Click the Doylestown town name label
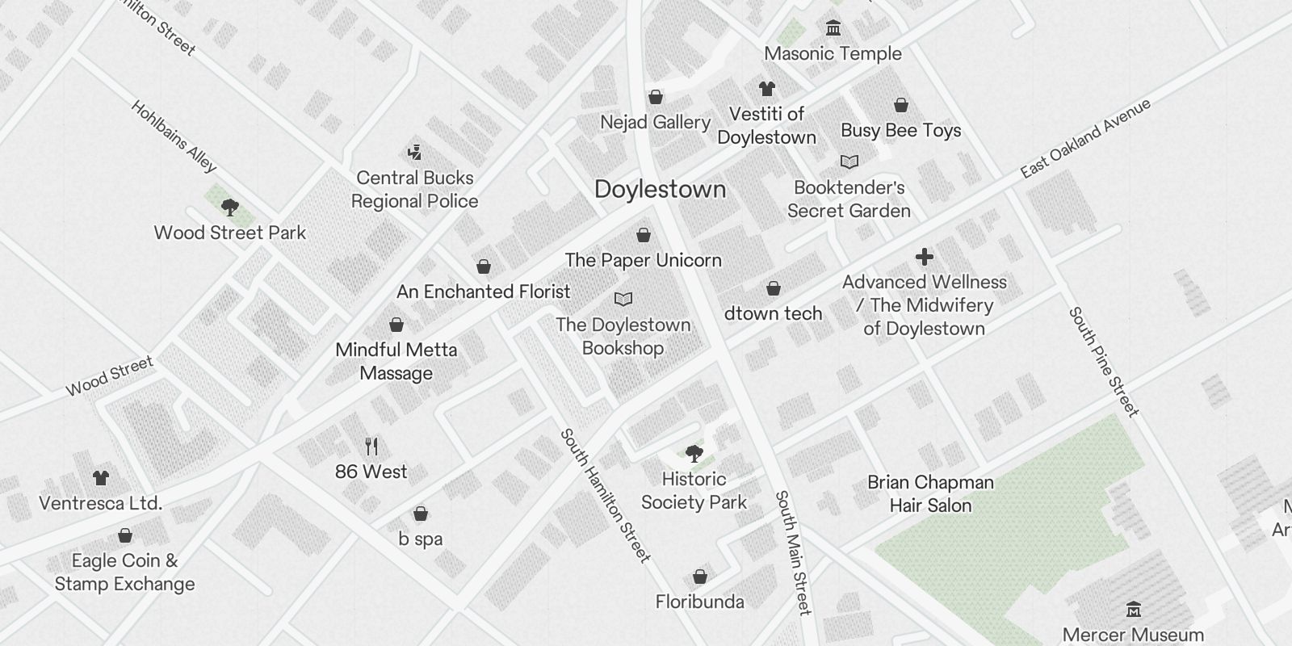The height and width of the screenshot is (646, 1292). click(x=660, y=190)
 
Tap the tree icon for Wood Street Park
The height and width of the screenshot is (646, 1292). click(x=230, y=208)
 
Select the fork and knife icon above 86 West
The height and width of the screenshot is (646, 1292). click(x=371, y=446)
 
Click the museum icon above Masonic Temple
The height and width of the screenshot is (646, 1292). click(x=833, y=29)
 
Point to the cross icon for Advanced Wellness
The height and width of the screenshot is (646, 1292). click(x=925, y=257)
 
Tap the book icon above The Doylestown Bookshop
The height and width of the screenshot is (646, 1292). click(x=623, y=300)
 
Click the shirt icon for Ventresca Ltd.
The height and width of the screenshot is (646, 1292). click(x=100, y=478)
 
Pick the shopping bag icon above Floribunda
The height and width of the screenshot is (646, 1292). click(x=700, y=577)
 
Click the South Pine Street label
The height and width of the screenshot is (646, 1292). click(x=1103, y=361)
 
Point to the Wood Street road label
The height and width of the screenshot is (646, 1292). click(x=109, y=376)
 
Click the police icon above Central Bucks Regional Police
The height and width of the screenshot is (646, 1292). click(x=414, y=152)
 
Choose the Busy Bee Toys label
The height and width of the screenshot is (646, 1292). click(x=900, y=131)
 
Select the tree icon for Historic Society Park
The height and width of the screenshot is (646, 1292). click(x=694, y=453)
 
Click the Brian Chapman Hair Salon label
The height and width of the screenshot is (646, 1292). click(x=930, y=493)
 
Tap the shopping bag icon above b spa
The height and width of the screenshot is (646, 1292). click(x=421, y=514)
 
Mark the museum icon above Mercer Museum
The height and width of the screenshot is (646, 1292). click(x=1134, y=609)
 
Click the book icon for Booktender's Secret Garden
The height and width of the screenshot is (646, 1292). click(x=849, y=162)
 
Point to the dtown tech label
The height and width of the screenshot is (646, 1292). click(x=773, y=313)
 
